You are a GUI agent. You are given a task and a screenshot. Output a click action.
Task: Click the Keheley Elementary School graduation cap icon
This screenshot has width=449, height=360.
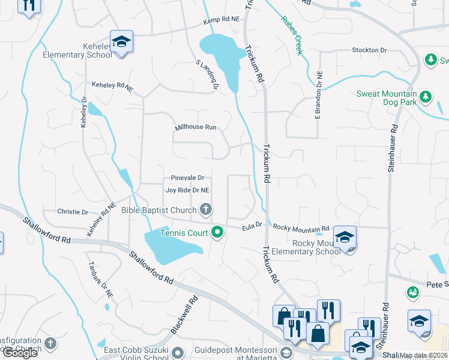point(121,42)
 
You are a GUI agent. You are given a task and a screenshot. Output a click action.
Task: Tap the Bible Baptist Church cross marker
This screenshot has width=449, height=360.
point(206,209)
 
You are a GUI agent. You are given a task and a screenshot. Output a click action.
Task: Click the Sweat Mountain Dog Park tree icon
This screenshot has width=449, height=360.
point(425,96)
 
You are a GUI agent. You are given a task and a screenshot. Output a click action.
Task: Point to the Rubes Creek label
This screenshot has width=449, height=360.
point(292,35)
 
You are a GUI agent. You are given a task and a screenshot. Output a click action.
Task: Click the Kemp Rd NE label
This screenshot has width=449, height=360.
point(221,20)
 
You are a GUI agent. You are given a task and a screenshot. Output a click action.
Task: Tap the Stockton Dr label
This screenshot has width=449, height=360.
point(369,50)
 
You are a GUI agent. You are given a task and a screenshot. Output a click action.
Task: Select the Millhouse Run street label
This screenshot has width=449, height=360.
point(195,127)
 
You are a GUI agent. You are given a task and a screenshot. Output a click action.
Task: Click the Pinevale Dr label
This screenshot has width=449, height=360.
point(187,178)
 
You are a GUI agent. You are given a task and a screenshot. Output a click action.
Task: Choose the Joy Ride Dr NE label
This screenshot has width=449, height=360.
point(187,190)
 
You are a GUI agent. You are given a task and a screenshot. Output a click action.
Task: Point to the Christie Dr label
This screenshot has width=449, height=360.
point(73,212)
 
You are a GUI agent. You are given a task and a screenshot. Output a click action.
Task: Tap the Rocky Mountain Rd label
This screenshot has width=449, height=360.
point(301,228)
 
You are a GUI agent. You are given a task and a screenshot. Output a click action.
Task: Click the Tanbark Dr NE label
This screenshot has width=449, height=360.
point(100,281)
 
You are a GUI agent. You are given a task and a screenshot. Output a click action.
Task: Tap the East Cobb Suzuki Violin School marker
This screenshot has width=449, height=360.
point(177,352)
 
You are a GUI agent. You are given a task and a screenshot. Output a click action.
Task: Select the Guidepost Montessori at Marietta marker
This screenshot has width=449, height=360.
point(286,352)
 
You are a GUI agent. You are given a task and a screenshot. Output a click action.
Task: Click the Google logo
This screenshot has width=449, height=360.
point(20,353)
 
